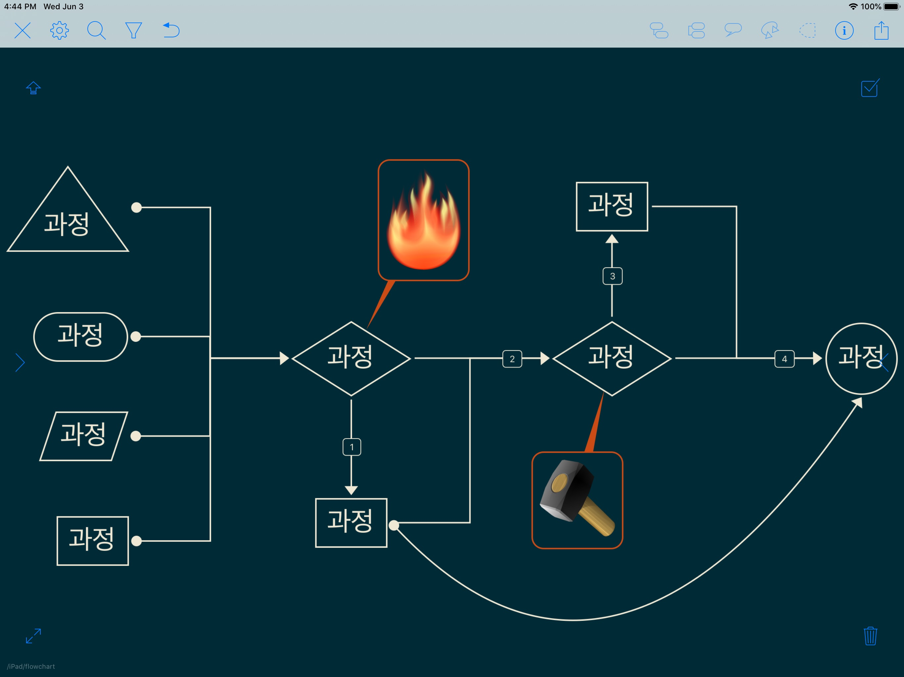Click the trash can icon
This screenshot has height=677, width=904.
(870, 636)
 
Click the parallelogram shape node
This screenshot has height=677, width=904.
(84, 436)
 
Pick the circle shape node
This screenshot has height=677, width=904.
(861, 359)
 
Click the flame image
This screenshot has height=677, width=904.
(424, 220)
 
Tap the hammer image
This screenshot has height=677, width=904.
(577, 500)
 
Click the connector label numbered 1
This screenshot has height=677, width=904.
(351, 447)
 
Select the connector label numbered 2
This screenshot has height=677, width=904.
(512, 359)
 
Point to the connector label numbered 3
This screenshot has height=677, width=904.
(612, 276)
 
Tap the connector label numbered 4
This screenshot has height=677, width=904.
(784, 359)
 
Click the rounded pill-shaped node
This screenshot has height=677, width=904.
(80, 337)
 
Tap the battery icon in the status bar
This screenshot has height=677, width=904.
(891, 7)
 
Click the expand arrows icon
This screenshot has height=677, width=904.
(33, 636)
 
